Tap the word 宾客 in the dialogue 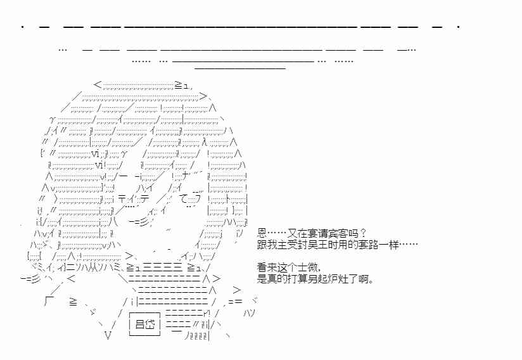click(x=340, y=233)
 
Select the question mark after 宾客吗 click(x=363, y=233)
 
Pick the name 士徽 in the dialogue click(x=307, y=267)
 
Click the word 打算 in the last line click(x=306, y=278)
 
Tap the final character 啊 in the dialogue click(x=369, y=278)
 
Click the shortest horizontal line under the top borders click(x=240, y=68)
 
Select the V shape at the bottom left click(x=108, y=336)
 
